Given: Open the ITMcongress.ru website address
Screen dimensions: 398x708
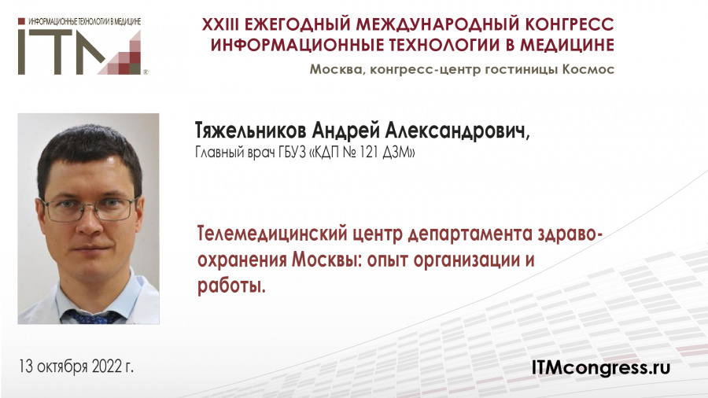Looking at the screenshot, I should click(x=601, y=368).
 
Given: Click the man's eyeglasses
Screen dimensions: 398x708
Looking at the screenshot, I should click(x=88, y=208).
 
